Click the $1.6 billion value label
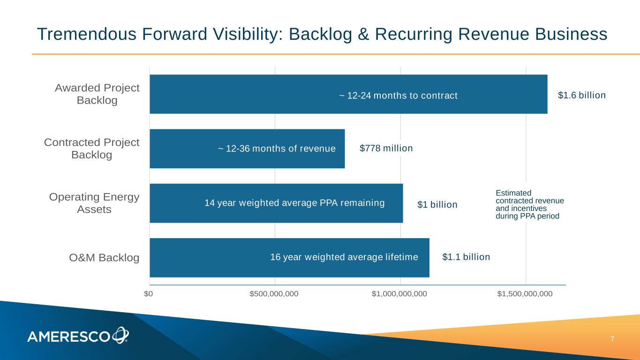click(x=582, y=95)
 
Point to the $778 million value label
click(x=386, y=149)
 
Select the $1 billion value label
click(x=437, y=205)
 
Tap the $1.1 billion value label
click(x=466, y=257)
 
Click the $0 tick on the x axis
click(x=149, y=294)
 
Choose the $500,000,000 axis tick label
click(x=274, y=294)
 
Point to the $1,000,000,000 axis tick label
click(x=399, y=294)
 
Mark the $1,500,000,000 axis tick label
click(x=525, y=294)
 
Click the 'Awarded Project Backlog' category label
click(x=97, y=94)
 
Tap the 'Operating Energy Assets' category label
click(x=94, y=203)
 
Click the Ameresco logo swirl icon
click(x=120, y=335)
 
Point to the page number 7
click(x=612, y=339)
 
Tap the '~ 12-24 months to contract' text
click(x=398, y=96)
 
